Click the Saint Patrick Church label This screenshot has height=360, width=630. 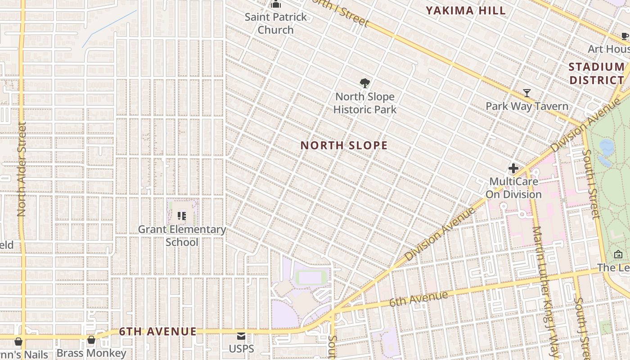pyautogui.click(x=276, y=23)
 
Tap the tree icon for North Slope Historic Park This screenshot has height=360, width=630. pyautogui.click(x=365, y=83)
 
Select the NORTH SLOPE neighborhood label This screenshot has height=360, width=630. pyautogui.click(x=344, y=145)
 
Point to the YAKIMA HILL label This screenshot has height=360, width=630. pyautogui.click(x=466, y=11)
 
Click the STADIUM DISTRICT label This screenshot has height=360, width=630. pyautogui.click(x=596, y=74)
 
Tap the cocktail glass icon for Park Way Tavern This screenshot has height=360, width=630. pyautogui.click(x=527, y=93)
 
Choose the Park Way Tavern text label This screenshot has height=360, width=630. pyautogui.click(x=527, y=106)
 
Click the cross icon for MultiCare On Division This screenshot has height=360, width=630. pyautogui.click(x=513, y=169)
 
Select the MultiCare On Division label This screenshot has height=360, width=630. pyautogui.click(x=513, y=188)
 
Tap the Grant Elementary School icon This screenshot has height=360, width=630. pyautogui.click(x=182, y=216)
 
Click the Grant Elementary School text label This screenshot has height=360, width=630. pyautogui.click(x=182, y=235)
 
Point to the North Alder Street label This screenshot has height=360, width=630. pyautogui.click(x=22, y=169)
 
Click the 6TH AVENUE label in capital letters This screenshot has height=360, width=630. pyautogui.click(x=158, y=332)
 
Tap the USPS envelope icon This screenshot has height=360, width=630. pyautogui.click(x=242, y=336)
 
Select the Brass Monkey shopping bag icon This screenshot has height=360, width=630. pyautogui.click(x=91, y=340)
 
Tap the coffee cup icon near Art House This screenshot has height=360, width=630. pyautogui.click(x=625, y=36)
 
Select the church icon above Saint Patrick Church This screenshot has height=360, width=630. pyautogui.click(x=276, y=4)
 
